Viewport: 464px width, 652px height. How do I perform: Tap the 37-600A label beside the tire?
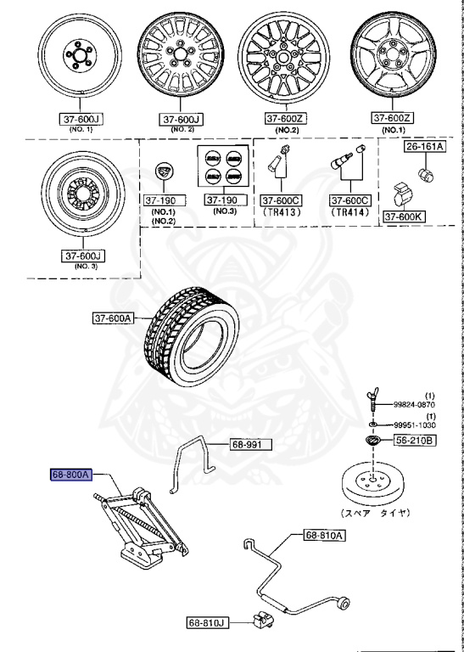(115, 318)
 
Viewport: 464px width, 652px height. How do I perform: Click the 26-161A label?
(424, 148)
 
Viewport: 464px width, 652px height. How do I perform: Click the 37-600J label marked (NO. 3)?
(83, 255)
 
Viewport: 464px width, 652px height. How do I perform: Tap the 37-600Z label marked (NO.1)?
(394, 118)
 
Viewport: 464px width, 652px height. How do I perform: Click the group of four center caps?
(223, 166)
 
